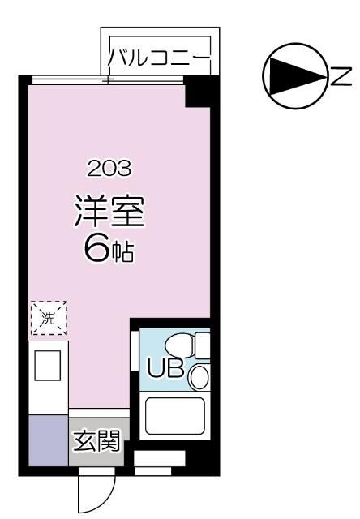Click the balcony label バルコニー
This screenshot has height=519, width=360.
coord(159,58)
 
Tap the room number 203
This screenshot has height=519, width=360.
coord(109,169)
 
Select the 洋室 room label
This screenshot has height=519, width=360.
coord(109,212)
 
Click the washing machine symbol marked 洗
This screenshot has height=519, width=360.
coord(48,319)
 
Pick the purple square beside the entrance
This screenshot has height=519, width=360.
coord(48,440)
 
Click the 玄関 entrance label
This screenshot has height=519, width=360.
coord(97,442)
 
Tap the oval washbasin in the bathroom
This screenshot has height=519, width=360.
coord(198,376)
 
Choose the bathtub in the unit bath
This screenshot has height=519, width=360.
coord(174,416)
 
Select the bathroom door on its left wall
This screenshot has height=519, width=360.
coord(135,354)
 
